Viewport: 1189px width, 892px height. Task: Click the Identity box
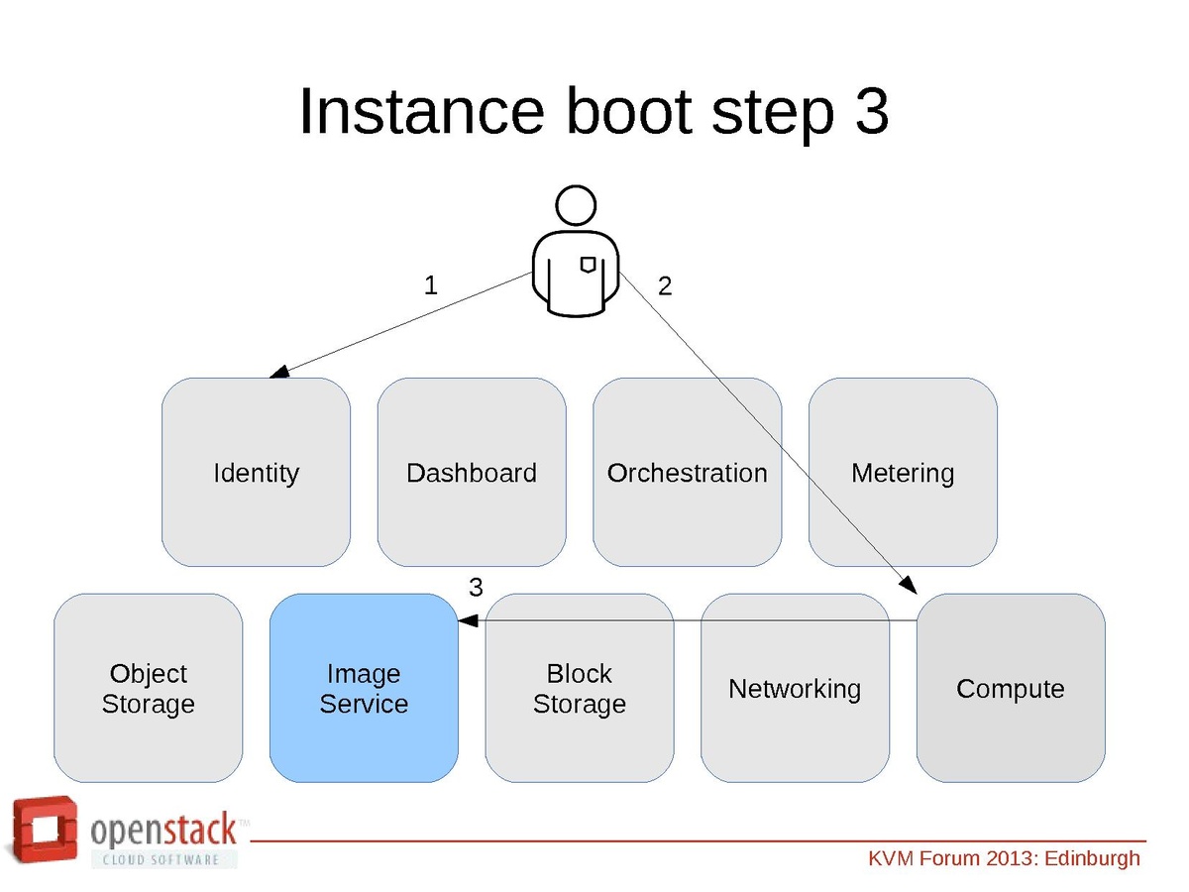point(256,472)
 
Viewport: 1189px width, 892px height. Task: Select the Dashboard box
point(472,472)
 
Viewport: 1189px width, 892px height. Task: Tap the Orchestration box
point(687,472)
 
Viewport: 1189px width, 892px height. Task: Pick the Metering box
point(903,472)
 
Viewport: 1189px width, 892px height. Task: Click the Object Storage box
point(148,688)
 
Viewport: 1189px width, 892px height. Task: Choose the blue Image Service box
point(364,688)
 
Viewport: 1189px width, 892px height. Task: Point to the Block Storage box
point(580,688)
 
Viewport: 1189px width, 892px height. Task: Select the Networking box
point(795,688)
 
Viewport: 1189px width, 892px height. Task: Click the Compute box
point(1011,688)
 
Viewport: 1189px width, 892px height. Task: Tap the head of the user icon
point(576,206)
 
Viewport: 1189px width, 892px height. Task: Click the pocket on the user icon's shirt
point(588,264)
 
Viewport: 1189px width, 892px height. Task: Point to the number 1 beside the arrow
point(430,285)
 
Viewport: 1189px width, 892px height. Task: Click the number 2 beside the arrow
point(665,286)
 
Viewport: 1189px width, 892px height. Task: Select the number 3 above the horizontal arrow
point(476,588)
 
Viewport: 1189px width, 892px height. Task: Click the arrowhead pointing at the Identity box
point(279,372)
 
